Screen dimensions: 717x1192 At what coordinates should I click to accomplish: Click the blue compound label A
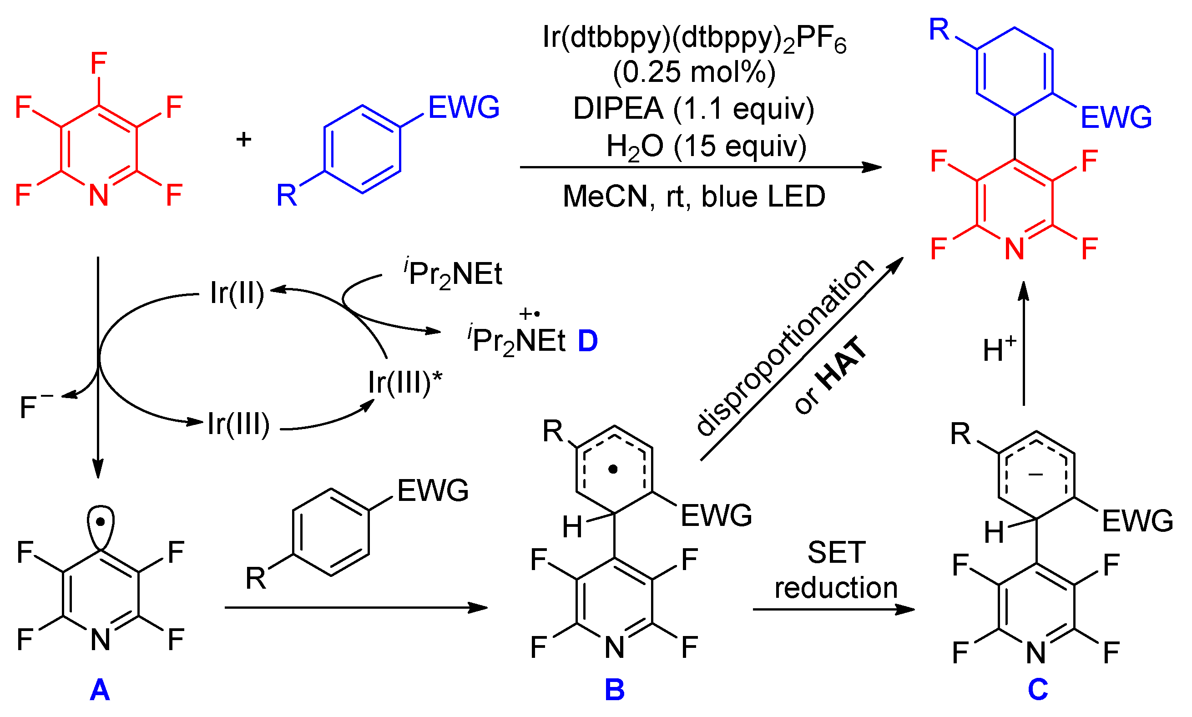point(100,690)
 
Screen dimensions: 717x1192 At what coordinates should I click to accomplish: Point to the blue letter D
point(587,341)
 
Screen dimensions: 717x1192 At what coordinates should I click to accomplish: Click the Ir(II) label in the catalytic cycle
point(237,293)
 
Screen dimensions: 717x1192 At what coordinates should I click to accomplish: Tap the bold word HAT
point(843,363)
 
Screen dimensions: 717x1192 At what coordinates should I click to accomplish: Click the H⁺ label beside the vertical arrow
point(999,349)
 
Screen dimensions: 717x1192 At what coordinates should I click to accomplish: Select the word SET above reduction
point(836,552)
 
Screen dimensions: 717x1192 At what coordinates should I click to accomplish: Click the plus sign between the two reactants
point(243,140)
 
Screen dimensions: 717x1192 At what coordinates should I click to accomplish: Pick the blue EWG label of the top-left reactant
point(463,107)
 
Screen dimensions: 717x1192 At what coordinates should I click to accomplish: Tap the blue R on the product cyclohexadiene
point(939,30)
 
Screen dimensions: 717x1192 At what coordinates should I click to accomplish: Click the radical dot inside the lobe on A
point(100,522)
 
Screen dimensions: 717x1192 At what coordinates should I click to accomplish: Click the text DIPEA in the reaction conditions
point(618,109)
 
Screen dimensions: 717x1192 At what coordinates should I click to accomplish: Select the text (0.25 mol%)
point(694,72)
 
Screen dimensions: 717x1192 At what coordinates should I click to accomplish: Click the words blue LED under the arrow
point(763,197)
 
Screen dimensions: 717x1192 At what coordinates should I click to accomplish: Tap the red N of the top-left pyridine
point(99,195)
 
